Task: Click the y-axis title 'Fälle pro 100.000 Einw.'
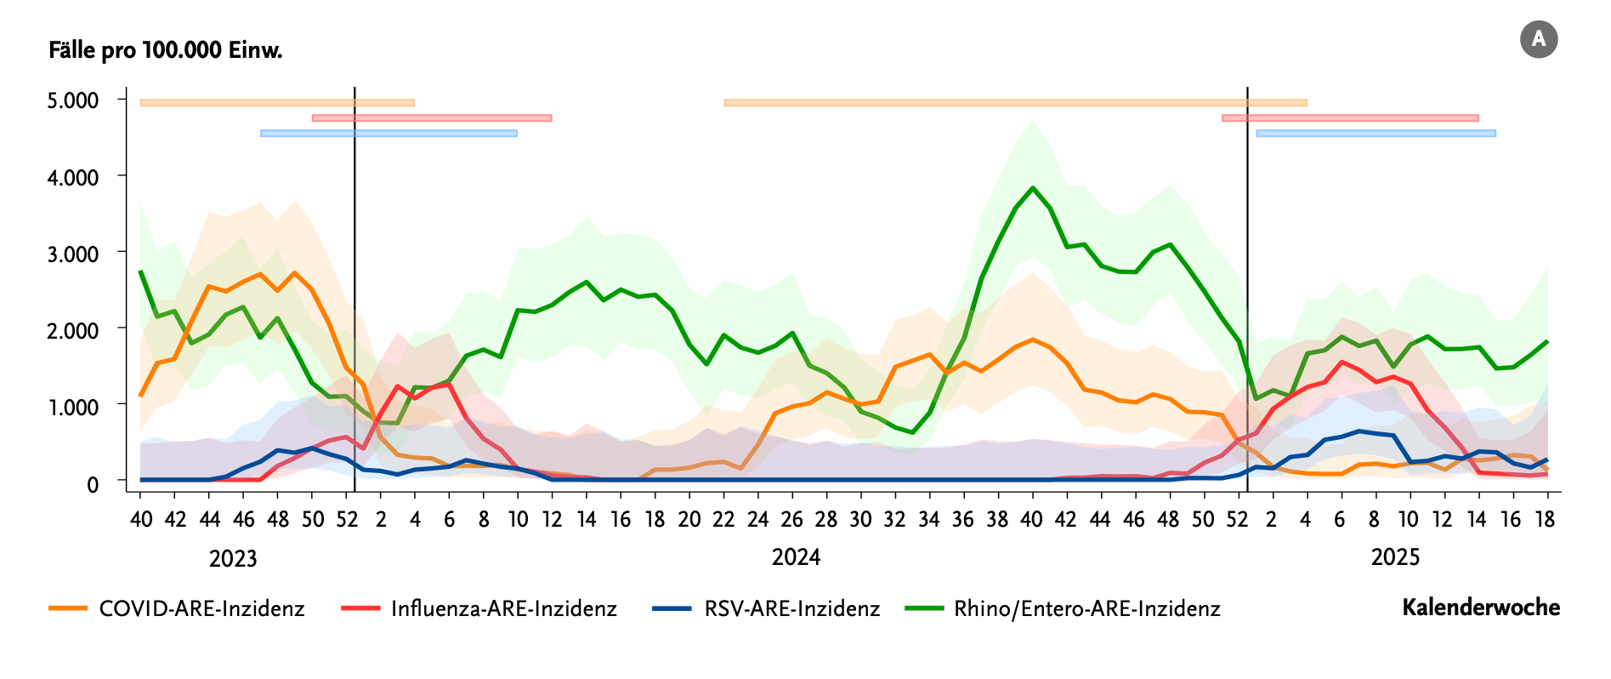pyautogui.click(x=165, y=50)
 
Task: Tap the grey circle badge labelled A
pyautogui.click(x=1538, y=40)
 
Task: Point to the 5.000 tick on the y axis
pyautogui.click(x=73, y=100)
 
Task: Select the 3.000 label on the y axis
pyautogui.click(x=73, y=254)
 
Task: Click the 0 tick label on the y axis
pyautogui.click(x=93, y=483)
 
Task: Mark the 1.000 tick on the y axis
pyautogui.click(x=73, y=407)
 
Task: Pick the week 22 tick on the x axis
pyautogui.click(x=723, y=519)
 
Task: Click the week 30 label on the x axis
pyautogui.click(x=860, y=519)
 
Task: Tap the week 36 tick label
pyautogui.click(x=963, y=519)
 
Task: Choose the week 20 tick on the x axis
pyautogui.click(x=689, y=519)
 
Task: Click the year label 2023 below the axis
pyautogui.click(x=233, y=559)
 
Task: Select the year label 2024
pyautogui.click(x=796, y=557)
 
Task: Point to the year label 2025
pyautogui.click(x=1395, y=557)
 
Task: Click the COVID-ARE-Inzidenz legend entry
pyautogui.click(x=201, y=608)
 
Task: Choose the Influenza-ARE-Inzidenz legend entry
pyautogui.click(x=503, y=608)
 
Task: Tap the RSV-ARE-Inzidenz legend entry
pyautogui.click(x=791, y=608)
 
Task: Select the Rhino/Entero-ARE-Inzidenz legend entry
pyautogui.click(x=1086, y=608)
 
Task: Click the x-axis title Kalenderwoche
pyautogui.click(x=1481, y=608)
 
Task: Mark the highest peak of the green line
pyautogui.click(x=1033, y=188)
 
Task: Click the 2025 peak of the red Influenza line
pyautogui.click(x=1342, y=362)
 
